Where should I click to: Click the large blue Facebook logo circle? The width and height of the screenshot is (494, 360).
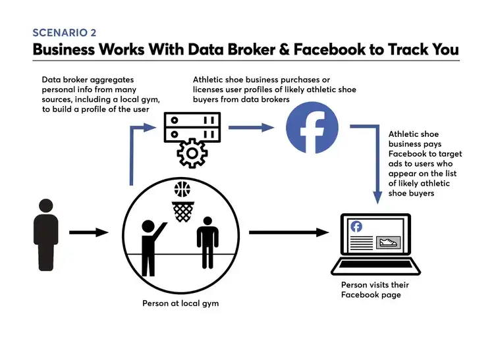312,128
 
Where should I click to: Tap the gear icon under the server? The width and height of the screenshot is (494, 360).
192,153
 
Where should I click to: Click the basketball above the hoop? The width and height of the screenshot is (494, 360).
182,190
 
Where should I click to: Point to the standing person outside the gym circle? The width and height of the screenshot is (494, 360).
46,234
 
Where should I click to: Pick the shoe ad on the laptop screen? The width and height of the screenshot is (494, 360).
389,242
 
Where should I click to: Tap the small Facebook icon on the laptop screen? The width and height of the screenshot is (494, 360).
356,226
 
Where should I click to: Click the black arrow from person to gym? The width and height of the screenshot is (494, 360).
89,232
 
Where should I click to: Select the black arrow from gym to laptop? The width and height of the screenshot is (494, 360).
289,232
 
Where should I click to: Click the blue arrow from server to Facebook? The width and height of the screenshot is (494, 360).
251,128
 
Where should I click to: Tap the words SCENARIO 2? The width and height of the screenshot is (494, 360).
65,33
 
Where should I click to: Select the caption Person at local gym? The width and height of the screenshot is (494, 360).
180,303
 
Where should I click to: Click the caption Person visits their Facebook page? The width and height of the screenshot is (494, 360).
375,290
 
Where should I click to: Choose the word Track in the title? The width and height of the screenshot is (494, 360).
408,49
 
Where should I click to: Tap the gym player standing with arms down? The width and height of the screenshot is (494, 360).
207,242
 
